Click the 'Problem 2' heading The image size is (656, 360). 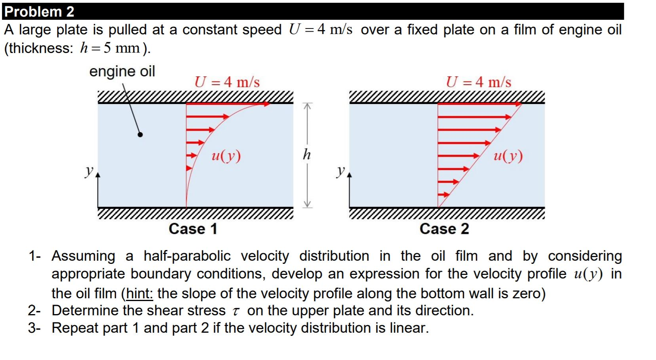tap(39, 11)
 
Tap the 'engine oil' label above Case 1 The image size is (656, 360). tap(122, 72)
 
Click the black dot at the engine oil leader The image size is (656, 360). tap(140, 135)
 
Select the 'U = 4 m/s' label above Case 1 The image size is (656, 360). tap(227, 82)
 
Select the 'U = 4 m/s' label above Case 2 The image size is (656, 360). tap(478, 82)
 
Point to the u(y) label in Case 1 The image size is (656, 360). tap(226, 156)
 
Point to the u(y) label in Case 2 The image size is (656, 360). tap(508, 156)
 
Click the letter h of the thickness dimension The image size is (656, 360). tap(307, 154)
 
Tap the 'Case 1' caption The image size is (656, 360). tap(193, 229)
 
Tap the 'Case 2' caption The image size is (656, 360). tap(444, 229)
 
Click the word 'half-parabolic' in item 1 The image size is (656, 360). tap(187, 256)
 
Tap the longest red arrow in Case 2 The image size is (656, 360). tap(479, 104)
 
